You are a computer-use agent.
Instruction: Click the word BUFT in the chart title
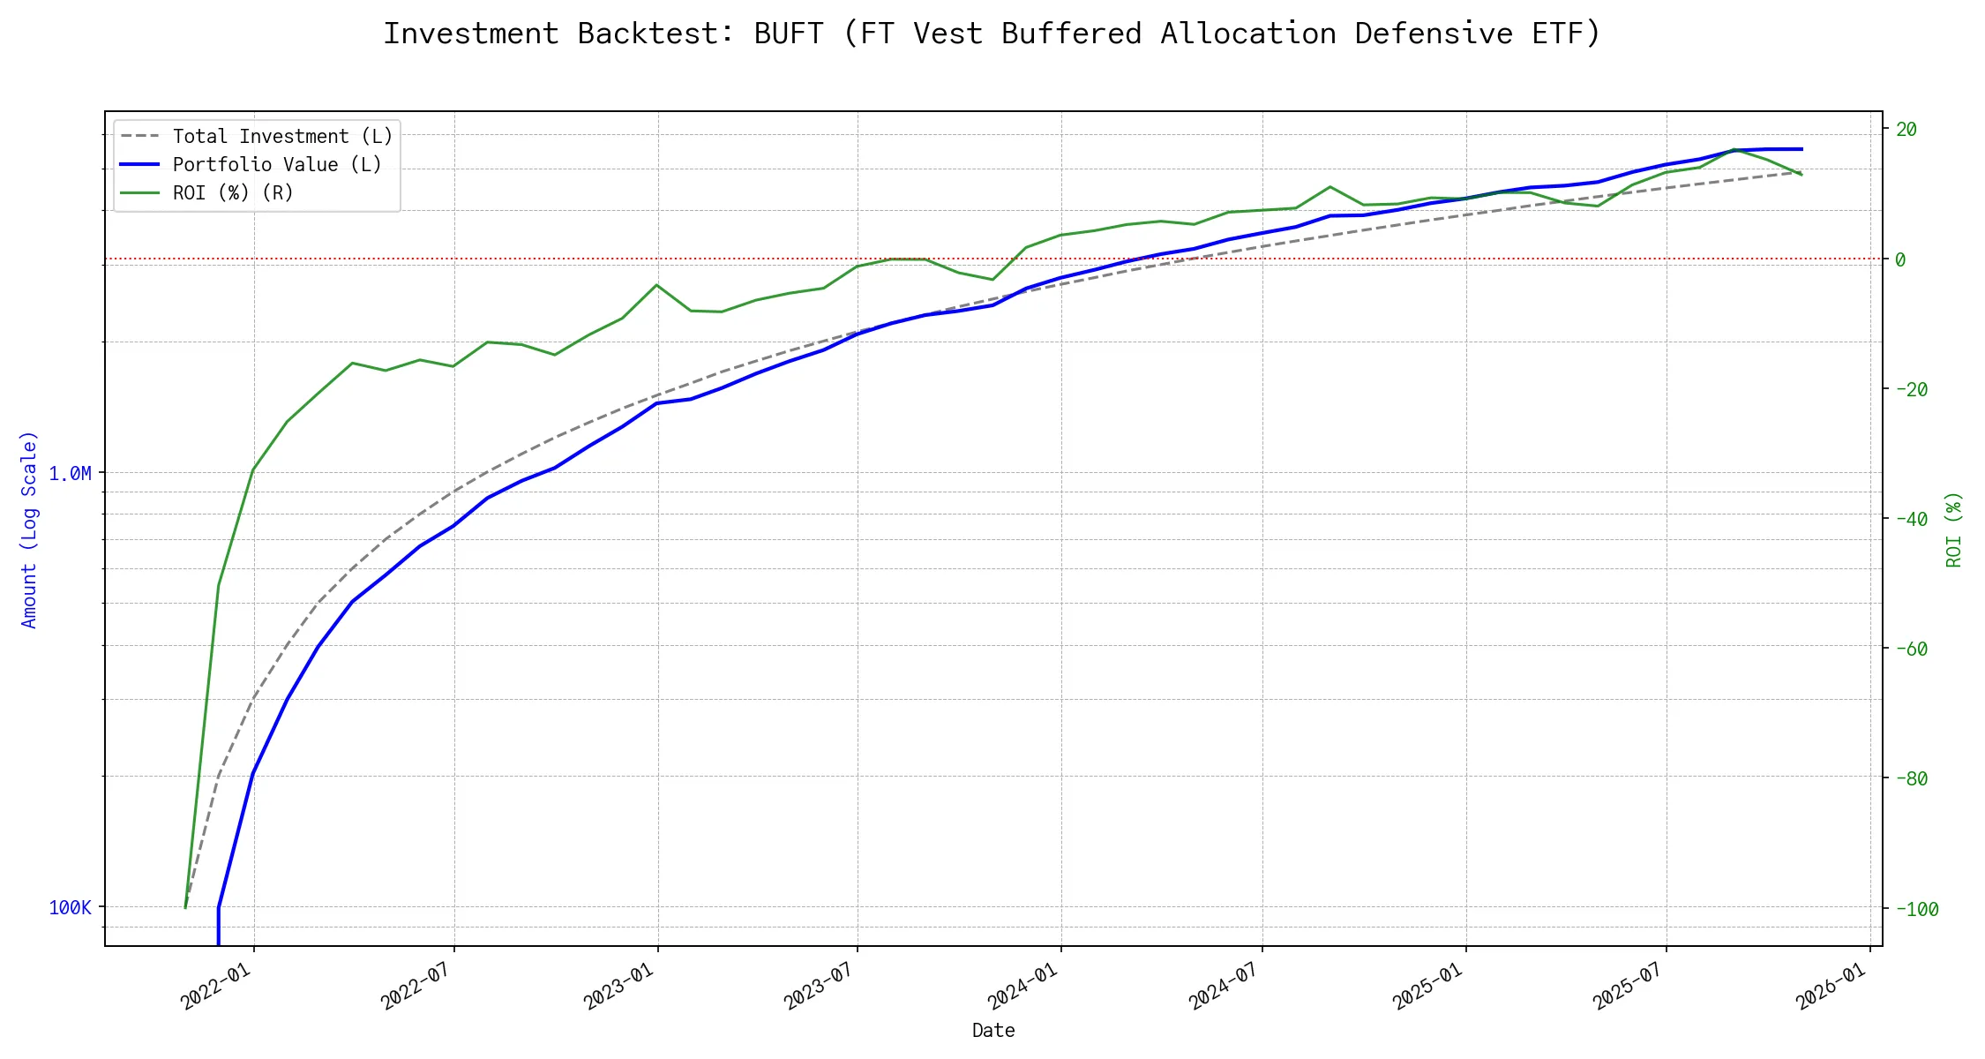[789, 34]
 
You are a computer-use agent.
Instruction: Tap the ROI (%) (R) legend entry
[233, 193]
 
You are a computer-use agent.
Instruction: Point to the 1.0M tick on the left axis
[70, 474]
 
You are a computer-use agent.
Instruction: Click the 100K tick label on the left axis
[70, 908]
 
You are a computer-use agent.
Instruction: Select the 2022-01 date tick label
[216, 986]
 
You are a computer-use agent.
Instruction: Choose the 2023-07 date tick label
[820, 986]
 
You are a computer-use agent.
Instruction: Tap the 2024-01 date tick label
[1023, 986]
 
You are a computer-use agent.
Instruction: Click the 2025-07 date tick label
[1629, 986]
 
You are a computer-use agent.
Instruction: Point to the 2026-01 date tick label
[1832, 986]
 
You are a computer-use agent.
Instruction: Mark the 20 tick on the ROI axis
[1906, 130]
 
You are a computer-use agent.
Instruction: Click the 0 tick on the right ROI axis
[1900, 259]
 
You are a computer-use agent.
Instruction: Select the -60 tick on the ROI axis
[1911, 650]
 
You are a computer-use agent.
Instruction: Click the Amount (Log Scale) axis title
[30, 529]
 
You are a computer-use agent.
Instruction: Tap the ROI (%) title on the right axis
[1954, 529]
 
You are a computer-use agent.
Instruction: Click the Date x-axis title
[993, 1031]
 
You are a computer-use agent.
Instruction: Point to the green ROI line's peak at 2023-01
[656, 285]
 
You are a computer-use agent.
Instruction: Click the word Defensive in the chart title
[1434, 34]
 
